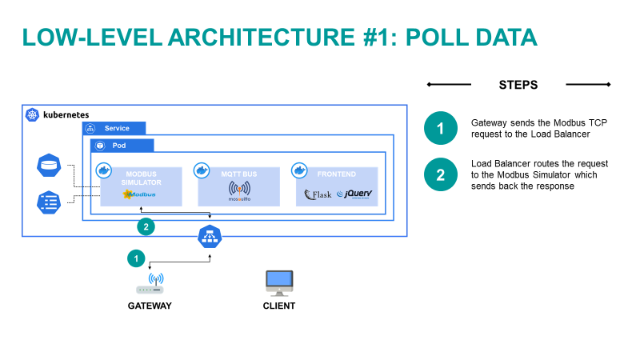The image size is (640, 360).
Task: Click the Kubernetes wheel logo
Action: [x=32, y=115]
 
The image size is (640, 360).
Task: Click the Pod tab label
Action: [x=118, y=146]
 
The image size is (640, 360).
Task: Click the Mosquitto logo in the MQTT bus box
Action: [x=238, y=193]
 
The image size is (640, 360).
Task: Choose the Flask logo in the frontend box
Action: [x=318, y=194]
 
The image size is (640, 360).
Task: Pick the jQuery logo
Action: [x=354, y=194]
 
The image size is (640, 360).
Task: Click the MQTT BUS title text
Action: [x=238, y=172]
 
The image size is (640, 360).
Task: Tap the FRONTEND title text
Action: [x=336, y=172]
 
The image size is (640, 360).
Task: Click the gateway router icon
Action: [x=150, y=284]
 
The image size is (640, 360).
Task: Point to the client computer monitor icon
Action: [x=278, y=282]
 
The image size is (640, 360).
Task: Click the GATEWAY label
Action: [x=150, y=306]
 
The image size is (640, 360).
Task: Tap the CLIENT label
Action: [x=278, y=306]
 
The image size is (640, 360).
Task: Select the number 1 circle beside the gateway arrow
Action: [x=137, y=258]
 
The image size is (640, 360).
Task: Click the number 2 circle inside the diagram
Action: [x=146, y=226]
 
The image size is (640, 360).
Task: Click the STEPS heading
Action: [x=518, y=84]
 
